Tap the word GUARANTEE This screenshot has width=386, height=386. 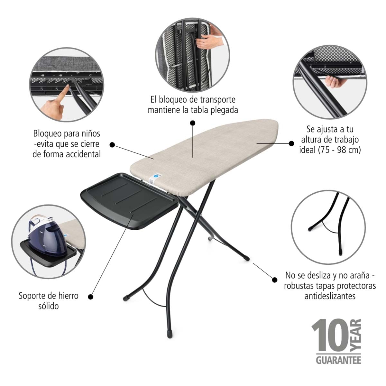tap(338, 360)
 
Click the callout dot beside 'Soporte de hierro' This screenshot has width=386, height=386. tap(90, 297)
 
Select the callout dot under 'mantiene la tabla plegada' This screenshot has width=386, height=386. tap(193, 123)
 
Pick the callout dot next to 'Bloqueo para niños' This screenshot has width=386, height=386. tap(112, 145)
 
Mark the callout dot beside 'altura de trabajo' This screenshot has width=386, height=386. tap(292, 143)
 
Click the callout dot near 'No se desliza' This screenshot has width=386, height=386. tap(275, 280)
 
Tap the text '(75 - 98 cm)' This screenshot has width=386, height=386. tap(340, 150)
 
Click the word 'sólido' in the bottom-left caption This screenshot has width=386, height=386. tap(49, 306)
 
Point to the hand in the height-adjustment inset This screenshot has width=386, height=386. tap(335, 82)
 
